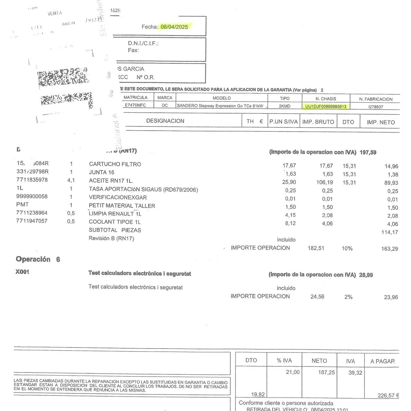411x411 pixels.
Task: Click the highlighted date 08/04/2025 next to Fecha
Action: tap(174, 27)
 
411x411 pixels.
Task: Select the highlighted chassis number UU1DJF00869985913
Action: tap(326, 107)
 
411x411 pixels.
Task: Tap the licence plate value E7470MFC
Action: tap(135, 105)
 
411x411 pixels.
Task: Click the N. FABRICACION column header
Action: tap(376, 99)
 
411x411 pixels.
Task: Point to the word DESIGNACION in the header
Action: tap(165, 121)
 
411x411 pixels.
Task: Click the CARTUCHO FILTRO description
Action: tap(115, 164)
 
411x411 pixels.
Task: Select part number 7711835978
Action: tap(32, 180)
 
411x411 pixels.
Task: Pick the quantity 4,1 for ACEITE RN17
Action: tap(71, 181)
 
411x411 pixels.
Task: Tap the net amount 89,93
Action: tap(391, 183)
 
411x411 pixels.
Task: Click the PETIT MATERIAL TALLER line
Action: tap(122, 206)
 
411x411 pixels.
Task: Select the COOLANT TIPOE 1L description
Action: tap(114, 222)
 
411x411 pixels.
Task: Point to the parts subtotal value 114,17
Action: tap(390, 232)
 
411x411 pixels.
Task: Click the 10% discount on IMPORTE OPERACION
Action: tap(347, 248)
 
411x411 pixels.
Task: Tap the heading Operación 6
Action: tap(38, 259)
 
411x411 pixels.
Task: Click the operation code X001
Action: tap(22, 272)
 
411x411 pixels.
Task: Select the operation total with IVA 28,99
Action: tap(366, 275)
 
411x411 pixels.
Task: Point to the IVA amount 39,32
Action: tap(355, 373)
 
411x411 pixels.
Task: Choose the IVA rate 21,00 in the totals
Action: tap(293, 372)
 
